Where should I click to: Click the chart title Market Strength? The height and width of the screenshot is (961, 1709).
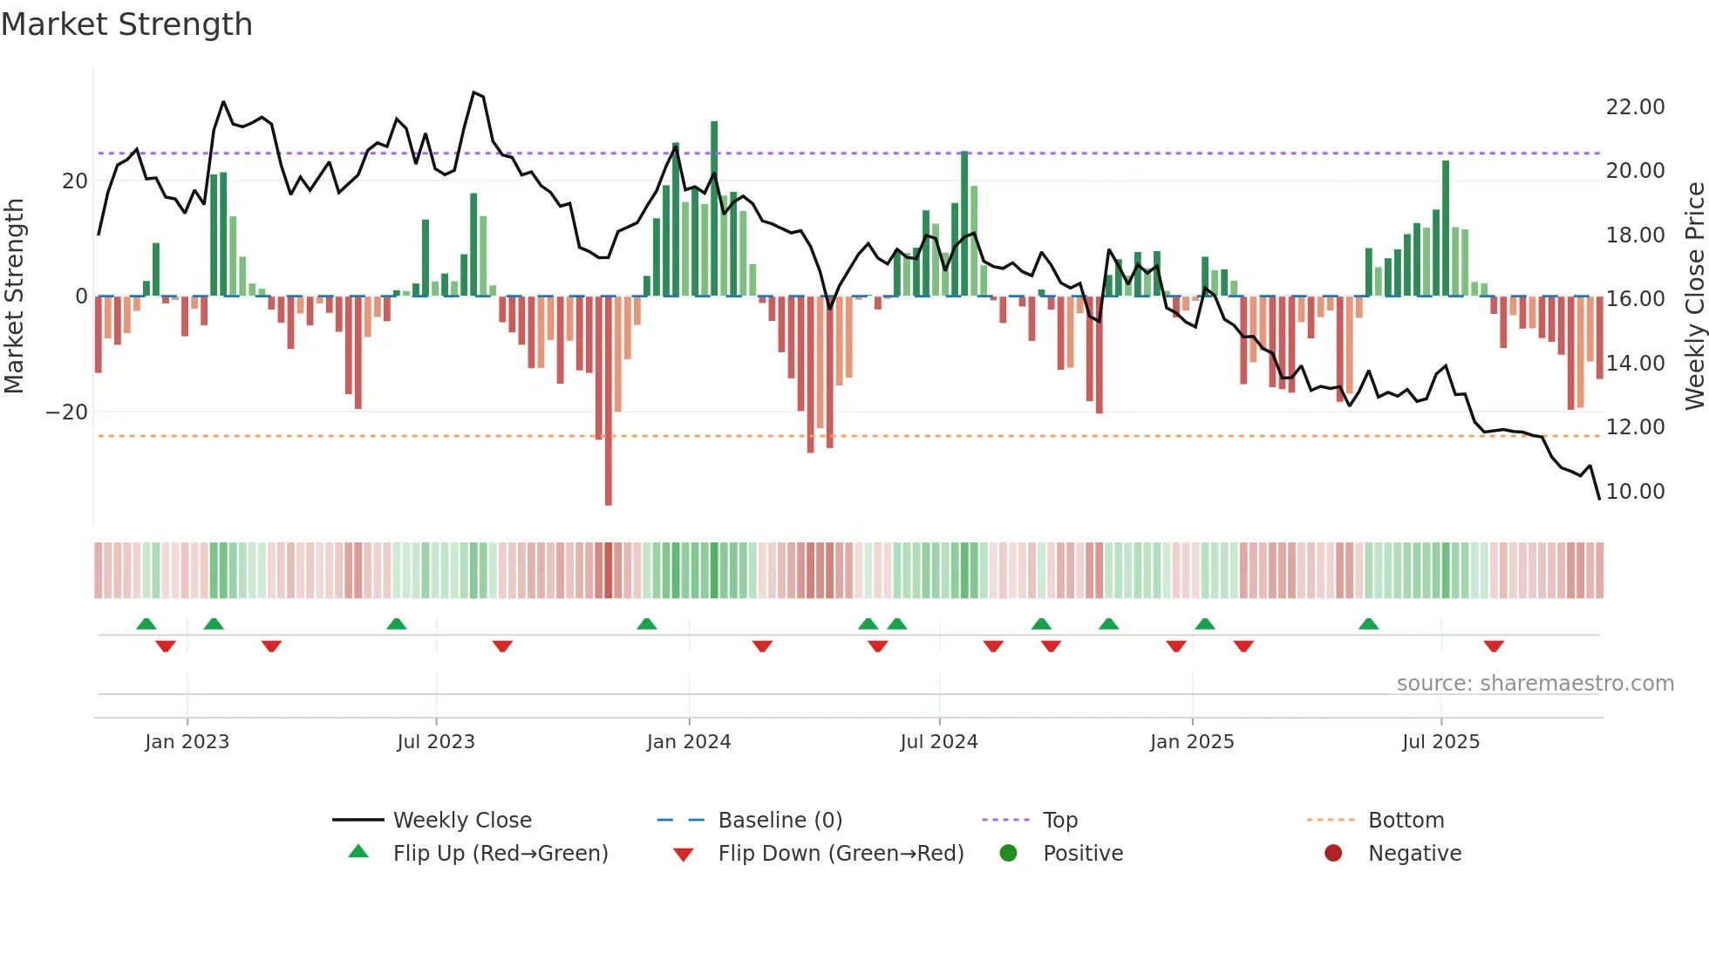click(x=126, y=24)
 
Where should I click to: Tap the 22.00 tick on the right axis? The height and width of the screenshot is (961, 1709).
click(x=1635, y=107)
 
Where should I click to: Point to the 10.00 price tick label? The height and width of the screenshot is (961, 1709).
click(x=1635, y=492)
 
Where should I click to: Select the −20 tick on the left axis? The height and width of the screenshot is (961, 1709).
click(x=67, y=412)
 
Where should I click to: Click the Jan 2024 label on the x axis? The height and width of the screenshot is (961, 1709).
click(x=688, y=742)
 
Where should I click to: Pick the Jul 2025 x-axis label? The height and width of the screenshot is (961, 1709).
click(x=1440, y=742)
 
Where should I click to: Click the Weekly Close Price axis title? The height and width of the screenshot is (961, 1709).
click(x=1694, y=296)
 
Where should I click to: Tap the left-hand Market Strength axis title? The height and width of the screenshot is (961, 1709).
click(x=14, y=296)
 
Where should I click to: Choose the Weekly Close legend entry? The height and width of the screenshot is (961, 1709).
click(x=461, y=821)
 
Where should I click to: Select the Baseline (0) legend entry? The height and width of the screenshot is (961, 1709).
click(x=780, y=821)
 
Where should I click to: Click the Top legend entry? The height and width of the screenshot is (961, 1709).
click(x=1059, y=821)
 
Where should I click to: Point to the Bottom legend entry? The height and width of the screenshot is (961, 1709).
click(x=1406, y=821)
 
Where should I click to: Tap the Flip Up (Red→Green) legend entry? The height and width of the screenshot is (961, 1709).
click(x=500, y=854)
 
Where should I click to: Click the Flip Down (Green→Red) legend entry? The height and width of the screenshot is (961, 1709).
click(x=841, y=854)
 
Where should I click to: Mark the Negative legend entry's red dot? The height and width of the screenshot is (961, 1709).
click(x=1333, y=854)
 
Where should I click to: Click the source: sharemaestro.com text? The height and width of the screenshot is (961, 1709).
click(x=1535, y=684)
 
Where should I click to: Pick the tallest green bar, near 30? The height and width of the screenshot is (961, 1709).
click(x=714, y=209)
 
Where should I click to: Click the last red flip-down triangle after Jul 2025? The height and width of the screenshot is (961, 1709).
click(x=1494, y=646)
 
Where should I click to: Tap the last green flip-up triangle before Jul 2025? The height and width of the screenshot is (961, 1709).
click(x=1368, y=624)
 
